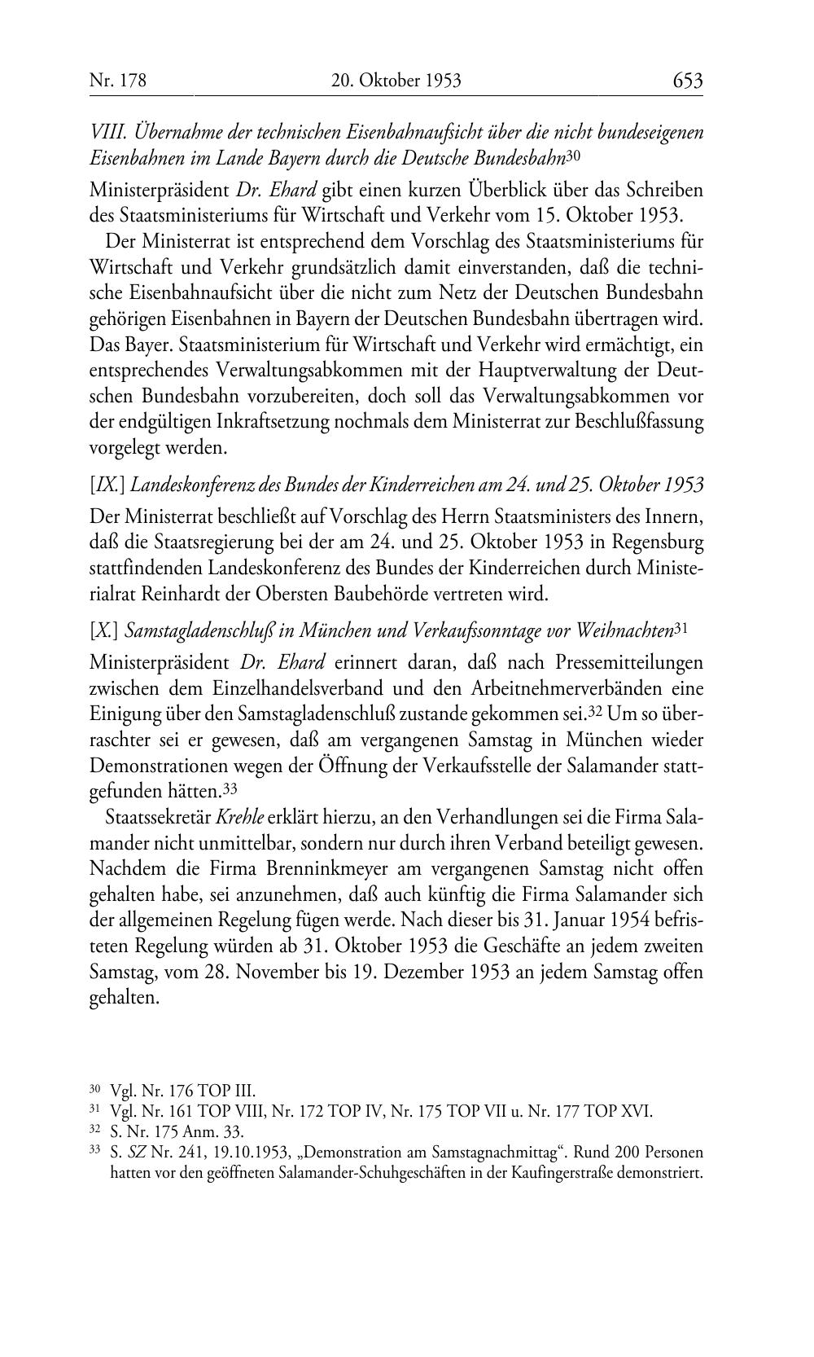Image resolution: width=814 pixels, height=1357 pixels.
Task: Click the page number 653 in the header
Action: click(687, 81)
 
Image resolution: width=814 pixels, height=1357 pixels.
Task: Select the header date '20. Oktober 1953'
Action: click(396, 81)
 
